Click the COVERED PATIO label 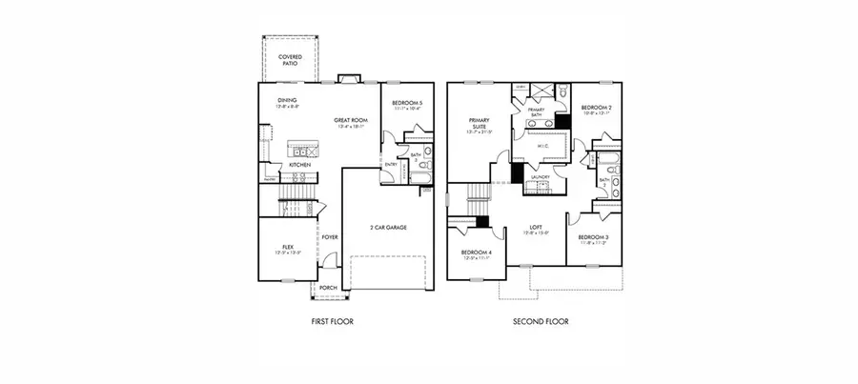click(290, 60)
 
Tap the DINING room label click(288, 101)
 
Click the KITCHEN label click(300, 165)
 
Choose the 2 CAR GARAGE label click(389, 228)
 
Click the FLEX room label click(287, 246)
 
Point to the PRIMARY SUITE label click(479, 123)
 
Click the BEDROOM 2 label click(597, 108)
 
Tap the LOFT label click(536, 227)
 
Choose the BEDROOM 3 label click(593, 237)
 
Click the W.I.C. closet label click(541, 146)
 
